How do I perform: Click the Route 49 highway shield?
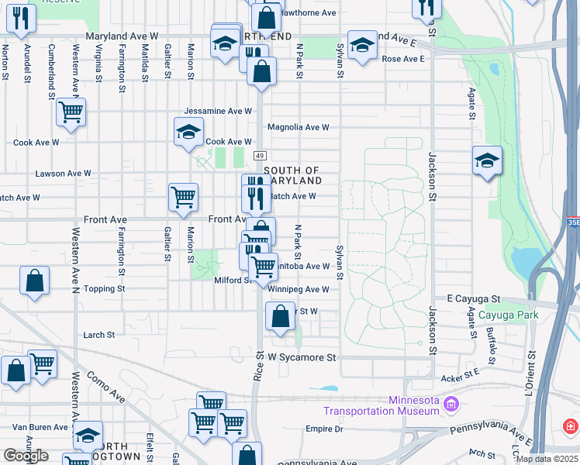click(260, 156)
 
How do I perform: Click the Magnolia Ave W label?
click(299, 127)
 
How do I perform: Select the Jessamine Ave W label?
click(218, 112)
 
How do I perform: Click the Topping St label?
click(105, 289)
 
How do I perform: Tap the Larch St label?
click(99, 335)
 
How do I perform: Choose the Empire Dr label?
click(324, 429)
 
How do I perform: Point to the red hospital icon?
click(571, 426)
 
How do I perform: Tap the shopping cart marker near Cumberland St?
click(71, 112)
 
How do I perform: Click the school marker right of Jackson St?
click(486, 161)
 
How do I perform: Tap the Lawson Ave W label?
click(64, 174)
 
